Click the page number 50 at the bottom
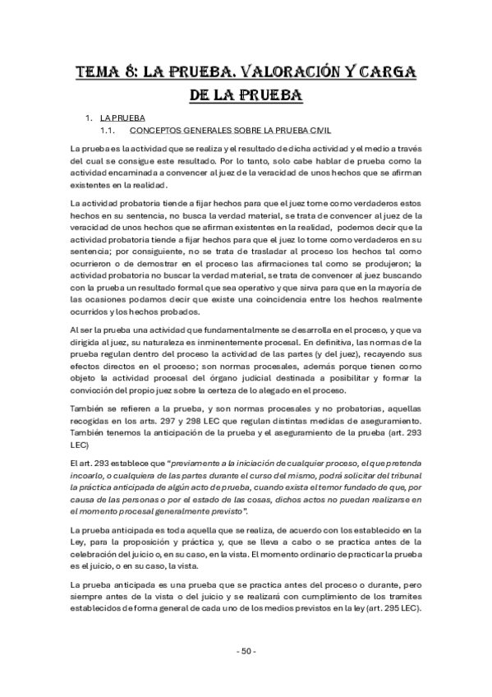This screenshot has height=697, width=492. (x=246, y=652)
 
